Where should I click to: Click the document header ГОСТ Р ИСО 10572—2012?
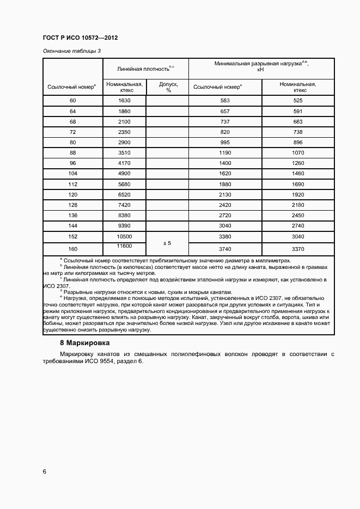80,38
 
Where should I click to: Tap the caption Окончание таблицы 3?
71,51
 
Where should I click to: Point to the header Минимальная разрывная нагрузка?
261,66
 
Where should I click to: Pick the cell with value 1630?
124,101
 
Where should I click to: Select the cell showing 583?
225,101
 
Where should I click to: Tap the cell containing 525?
297,101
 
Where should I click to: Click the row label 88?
73,153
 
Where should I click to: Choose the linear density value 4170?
124,163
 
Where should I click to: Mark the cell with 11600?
124,247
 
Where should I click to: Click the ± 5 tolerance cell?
168,242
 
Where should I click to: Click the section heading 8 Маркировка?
84,344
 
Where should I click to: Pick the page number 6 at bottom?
44,471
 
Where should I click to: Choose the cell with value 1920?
297,195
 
